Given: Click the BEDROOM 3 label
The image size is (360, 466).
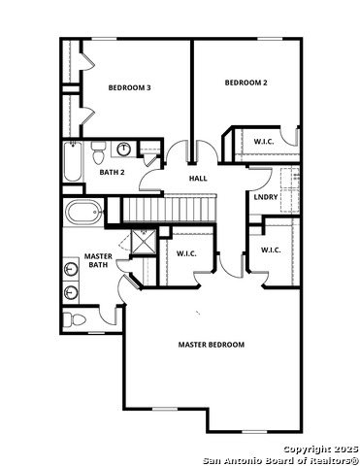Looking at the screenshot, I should pos(129,88).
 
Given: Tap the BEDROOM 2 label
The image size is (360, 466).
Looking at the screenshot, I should pos(245,83).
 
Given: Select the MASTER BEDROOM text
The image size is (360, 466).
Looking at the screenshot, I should pos(211,345).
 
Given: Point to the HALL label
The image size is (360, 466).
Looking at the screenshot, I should pos(197,179).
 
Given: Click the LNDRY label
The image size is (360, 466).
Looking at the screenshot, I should pos(266,198).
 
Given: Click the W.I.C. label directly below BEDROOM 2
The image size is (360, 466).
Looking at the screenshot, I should pos(264,142).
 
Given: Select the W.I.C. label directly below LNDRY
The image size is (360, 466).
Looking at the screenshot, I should pos(270,250).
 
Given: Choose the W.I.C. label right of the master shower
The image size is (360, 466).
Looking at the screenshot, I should pos(186,253).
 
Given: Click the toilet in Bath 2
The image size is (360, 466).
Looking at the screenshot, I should pos(98,152).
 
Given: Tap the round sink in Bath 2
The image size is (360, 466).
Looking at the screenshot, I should pos(124,150).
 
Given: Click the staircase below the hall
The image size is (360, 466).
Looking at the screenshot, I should pos(167,208).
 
